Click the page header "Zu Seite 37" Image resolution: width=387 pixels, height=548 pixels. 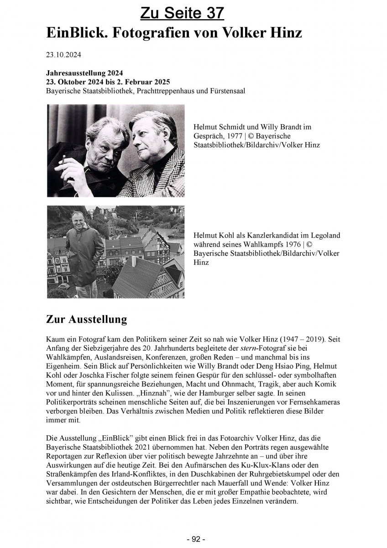tap(182, 13)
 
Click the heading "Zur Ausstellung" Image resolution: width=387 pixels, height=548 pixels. tap(86, 320)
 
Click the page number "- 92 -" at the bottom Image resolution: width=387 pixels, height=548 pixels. tap(193, 539)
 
